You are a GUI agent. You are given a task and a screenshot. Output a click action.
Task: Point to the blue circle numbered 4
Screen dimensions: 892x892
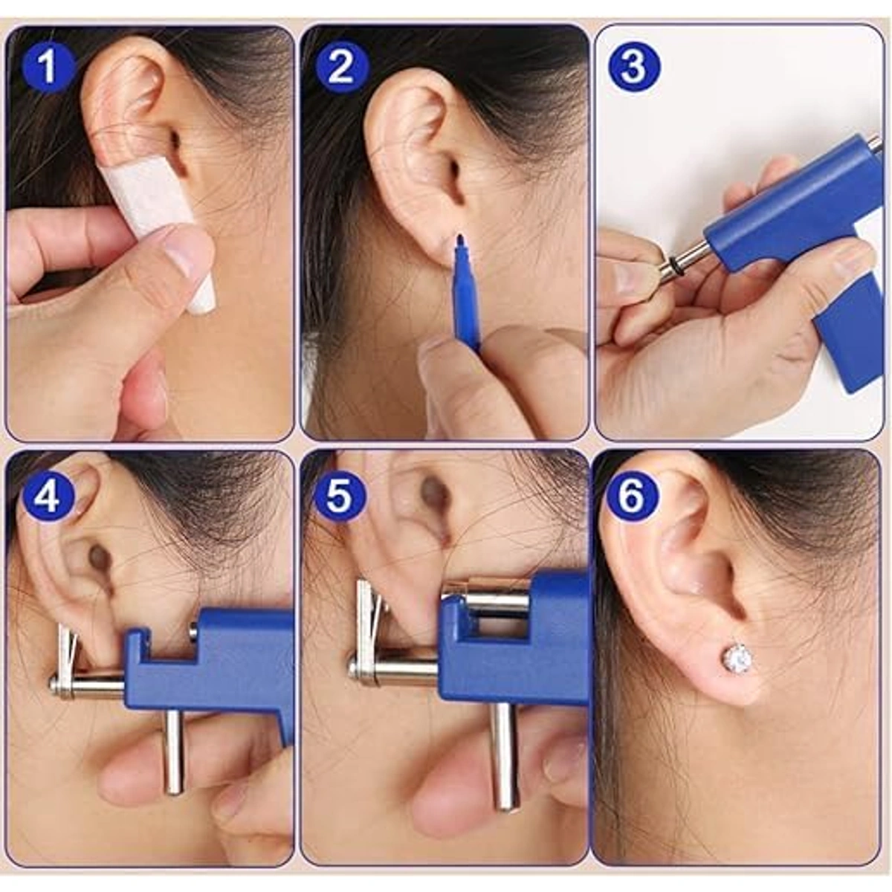tap(48, 497)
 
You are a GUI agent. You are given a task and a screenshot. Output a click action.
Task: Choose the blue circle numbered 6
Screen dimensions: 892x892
tap(633, 497)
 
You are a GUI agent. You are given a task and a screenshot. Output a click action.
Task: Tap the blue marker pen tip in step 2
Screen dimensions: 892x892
tap(460, 241)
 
